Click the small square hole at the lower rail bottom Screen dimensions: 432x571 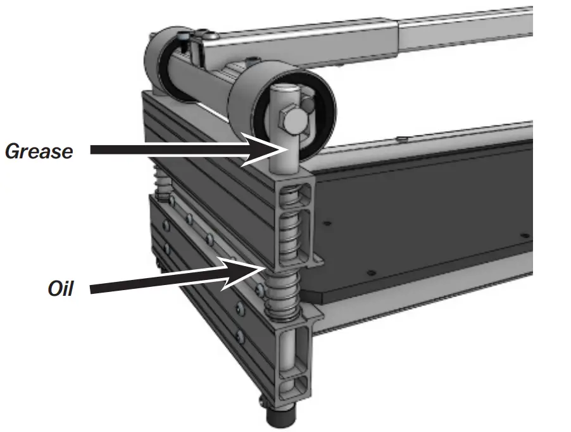(x=292, y=386)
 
